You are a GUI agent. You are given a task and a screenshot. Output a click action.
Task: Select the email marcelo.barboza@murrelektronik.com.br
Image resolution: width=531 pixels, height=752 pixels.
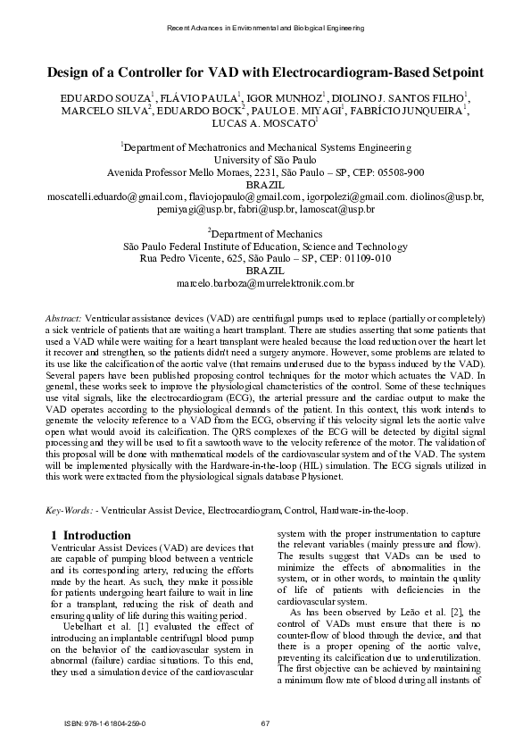click(265, 283)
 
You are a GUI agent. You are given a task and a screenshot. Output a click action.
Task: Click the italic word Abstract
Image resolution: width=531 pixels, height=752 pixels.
click(62, 318)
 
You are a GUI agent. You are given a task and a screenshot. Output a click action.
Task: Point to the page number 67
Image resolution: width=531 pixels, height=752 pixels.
click(265, 723)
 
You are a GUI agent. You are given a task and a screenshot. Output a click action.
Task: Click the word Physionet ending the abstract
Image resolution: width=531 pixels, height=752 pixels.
click(320, 477)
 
